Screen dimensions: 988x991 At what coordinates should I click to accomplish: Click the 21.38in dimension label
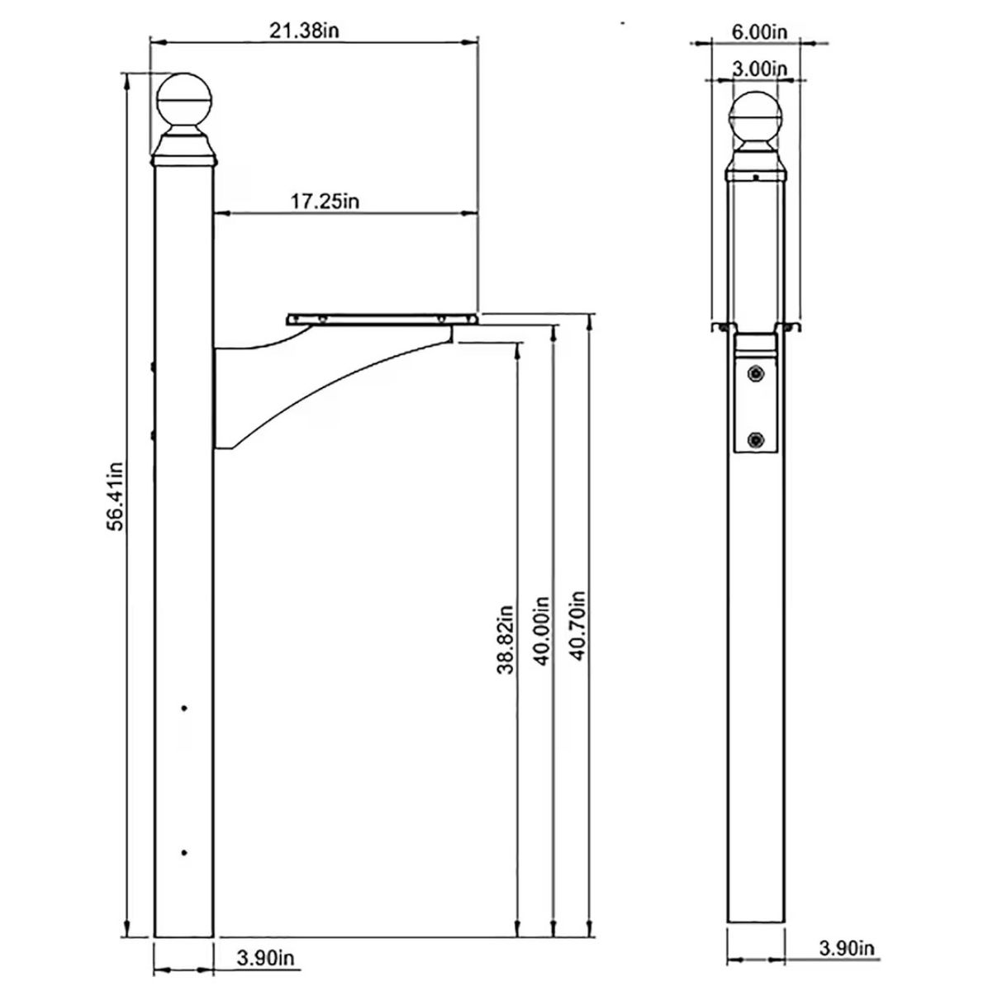(x=304, y=31)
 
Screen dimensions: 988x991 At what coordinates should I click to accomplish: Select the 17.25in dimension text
(x=325, y=201)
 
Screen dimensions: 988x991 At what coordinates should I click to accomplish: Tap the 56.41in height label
(x=116, y=495)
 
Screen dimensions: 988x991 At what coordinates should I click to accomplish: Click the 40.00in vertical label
(x=541, y=630)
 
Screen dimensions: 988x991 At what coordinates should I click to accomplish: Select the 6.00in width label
(x=759, y=31)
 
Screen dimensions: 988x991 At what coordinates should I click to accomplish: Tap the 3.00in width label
(x=759, y=68)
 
